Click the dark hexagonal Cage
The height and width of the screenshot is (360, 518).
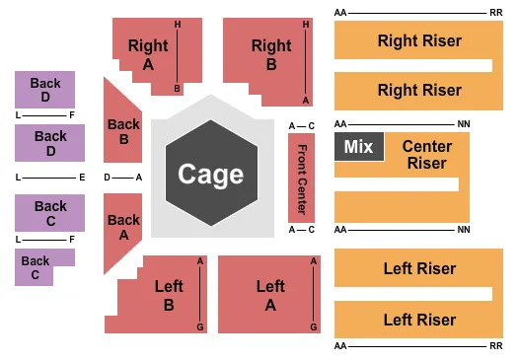211,175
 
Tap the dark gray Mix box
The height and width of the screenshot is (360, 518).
358,147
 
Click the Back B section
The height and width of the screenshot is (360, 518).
123,130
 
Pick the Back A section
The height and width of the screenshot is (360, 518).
122,227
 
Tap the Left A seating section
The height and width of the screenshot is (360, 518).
269,295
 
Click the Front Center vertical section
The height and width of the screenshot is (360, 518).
301,178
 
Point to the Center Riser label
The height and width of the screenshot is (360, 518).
426,154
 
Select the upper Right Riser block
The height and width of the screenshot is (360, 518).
418,40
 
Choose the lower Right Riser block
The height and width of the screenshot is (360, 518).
418,90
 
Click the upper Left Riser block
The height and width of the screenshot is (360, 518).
418,268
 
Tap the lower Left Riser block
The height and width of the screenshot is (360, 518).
418,320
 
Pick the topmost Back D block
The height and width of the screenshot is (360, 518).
43,90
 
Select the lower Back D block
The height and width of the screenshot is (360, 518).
43,143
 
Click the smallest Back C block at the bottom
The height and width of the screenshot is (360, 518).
37,268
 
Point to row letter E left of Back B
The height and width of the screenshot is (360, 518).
82,178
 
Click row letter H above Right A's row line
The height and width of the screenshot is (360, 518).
178,24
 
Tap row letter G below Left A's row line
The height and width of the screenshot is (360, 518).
314,326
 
